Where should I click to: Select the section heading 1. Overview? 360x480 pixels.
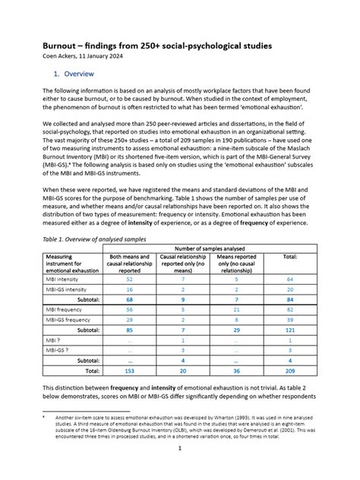[74, 74]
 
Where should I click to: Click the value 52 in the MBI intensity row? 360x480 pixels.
[130, 279]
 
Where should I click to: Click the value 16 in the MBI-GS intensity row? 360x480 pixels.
[130, 289]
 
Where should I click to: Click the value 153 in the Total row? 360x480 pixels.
[130, 371]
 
